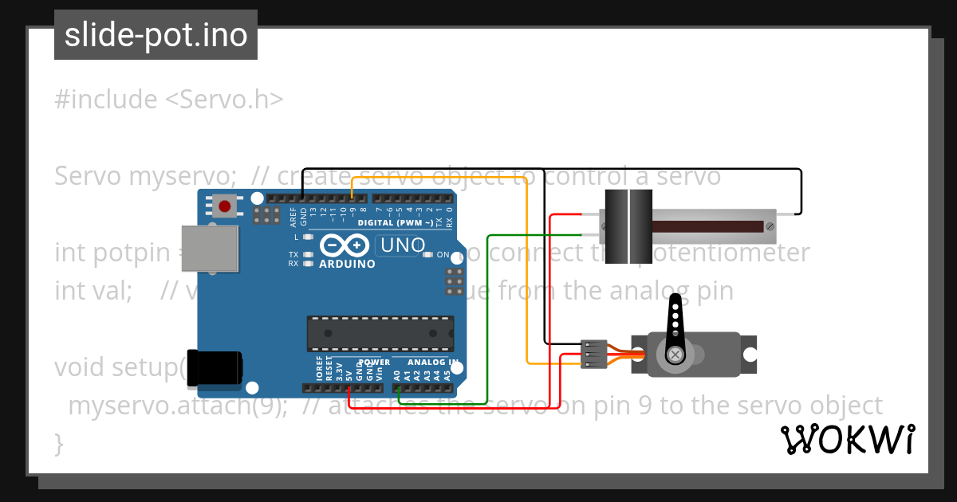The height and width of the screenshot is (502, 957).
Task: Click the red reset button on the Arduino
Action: click(x=225, y=207)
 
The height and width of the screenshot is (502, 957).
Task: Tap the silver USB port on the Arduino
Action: click(x=210, y=248)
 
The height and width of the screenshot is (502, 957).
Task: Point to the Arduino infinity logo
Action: click(x=346, y=245)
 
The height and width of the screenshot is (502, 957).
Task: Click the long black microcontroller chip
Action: click(x=380, y=333)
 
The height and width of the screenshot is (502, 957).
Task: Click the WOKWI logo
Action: click(x=847, y=439)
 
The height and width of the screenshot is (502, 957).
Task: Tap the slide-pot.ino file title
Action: click(x=156, y=35)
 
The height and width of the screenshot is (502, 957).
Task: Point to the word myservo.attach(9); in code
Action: click(x=178, y=406)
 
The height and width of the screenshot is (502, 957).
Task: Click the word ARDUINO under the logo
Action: click(x=346, y=264)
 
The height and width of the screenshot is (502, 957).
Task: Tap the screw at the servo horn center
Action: click(x=675, y=353)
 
